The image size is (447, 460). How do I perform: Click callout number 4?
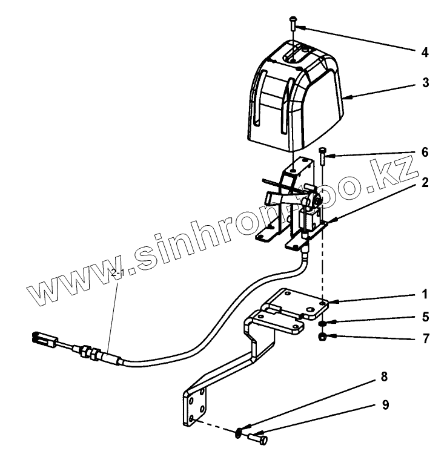(425, 53)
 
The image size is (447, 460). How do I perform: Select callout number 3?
(425, 83)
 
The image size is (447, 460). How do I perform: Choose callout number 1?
(425, 294)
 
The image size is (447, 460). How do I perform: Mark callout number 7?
(425, 337)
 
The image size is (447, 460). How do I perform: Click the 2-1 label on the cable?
(118, 274)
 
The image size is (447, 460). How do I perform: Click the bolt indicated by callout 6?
(321, 157)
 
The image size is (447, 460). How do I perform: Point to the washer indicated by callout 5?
(323, 324)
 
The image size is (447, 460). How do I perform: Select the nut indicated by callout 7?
(323, 337)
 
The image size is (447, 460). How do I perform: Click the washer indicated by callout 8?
(240, 432)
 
